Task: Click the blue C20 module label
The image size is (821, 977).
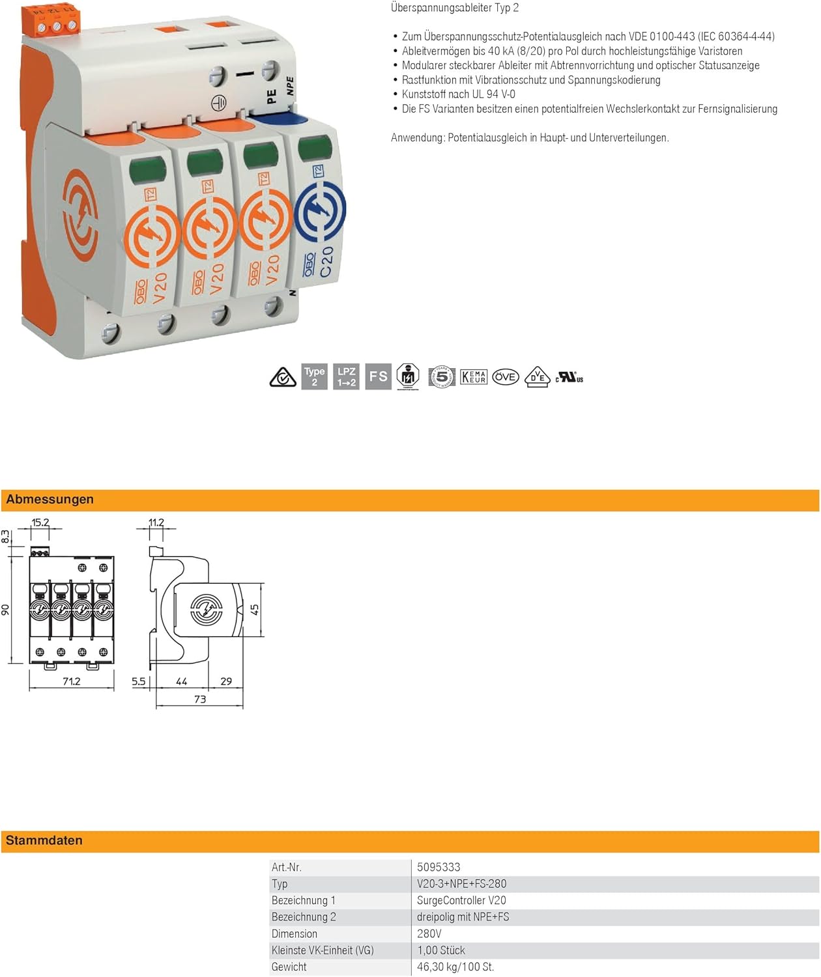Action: click(x=326, y=262)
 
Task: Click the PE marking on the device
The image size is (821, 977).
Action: click(x=272, y=96)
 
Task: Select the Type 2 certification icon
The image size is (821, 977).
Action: click(x=314, y=376)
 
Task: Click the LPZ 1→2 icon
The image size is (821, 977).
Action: click(x=347, y=376)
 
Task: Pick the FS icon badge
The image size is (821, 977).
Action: click(x=378, y=376)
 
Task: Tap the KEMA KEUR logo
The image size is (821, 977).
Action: click(x=474, y=376)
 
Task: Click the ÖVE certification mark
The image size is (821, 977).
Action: click(x=506, y=376)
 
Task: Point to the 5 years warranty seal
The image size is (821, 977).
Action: click(x=441, y=376)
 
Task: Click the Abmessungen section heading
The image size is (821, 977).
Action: click(x=50, y=500)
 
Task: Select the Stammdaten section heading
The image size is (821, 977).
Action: click(x=44, y=840)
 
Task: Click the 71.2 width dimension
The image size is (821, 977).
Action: click(x=71, y=681)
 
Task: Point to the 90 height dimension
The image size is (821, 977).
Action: click(x=5, y=610)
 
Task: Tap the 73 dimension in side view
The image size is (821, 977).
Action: click(x=200, y=699)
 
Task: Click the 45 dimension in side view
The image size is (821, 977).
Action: click(x=255, y=610)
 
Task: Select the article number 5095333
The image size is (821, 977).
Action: click(x=439, y=867)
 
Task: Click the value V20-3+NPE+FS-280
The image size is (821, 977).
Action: click(x=461, y=883)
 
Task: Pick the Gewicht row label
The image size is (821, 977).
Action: click(x=289, y=967)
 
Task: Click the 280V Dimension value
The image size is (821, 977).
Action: click(x=429, y=933)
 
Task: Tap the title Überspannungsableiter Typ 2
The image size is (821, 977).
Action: click(x=455, y=8)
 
